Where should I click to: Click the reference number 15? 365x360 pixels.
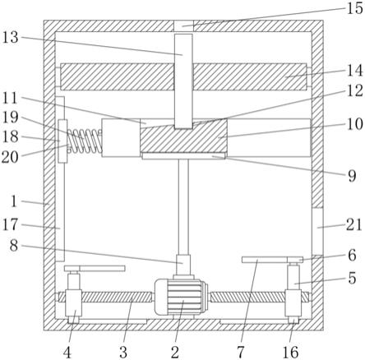pos(355,8)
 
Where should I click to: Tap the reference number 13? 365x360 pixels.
pos(11,37)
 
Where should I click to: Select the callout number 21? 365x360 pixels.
pos(353,225)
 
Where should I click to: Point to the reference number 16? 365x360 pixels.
pos(290,352)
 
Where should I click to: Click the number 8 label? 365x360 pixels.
pos(14,245)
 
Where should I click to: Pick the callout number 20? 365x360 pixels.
pos(10,157)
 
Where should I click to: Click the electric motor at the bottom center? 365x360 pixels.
pos(181,298)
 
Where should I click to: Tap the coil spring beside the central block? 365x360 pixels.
pos(85,141)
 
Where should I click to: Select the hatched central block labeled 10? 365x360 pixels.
pos(183,136)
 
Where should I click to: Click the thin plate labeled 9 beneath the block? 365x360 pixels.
pos(183,156)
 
